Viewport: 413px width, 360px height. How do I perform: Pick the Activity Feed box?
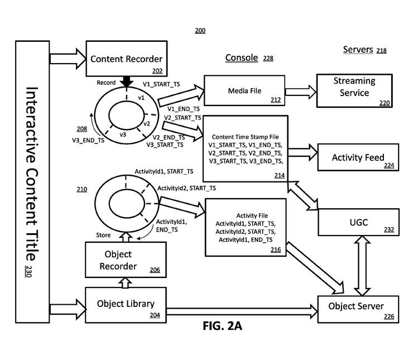pyautogui.click(x=358, y=157)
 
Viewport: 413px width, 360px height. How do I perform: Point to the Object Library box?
pyautogui.click(x=126, y=305)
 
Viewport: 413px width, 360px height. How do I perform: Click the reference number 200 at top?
pyautogui.click(x=200, y=31)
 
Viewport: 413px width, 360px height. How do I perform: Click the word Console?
pyautogui.click(x=241, y=58)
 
